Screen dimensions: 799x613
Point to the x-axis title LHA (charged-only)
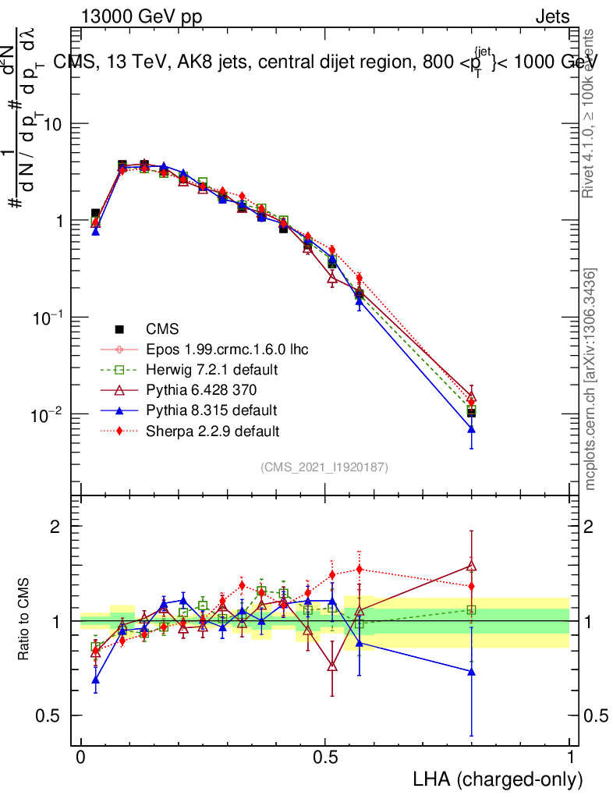(498, 779)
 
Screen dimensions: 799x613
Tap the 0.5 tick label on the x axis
(325, 758)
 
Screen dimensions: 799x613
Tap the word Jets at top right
(551, 16)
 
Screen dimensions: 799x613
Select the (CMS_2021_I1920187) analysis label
(324, 467)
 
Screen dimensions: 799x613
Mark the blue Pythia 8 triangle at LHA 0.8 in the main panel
(471, 430)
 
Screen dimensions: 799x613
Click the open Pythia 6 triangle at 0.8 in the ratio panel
(471, 566)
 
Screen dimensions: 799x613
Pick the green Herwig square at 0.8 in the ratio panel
(471, 610)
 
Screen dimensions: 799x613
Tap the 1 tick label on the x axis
(570, 758)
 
